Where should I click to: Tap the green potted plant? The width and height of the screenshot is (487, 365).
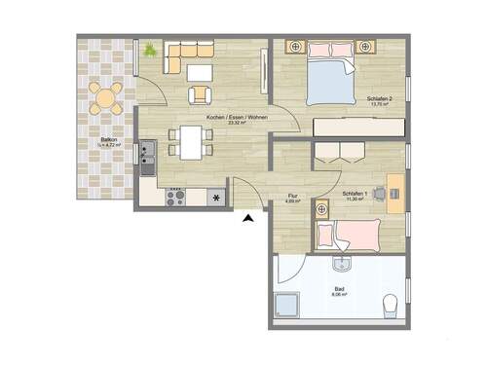click(x=149, y=49)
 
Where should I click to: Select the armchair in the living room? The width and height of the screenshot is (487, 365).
click(x=200, y=94)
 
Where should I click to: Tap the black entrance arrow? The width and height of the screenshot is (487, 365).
click(x=248, y=220)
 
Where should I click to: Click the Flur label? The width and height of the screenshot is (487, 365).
click(x=291, y=196)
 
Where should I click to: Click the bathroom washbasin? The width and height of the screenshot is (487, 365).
click(x=340, y=266)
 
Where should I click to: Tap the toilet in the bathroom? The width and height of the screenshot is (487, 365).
click(x=391, y=307)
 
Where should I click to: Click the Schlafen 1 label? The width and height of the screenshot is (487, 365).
click(x=355, y=195)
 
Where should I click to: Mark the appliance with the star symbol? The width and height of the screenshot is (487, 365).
click(x=215, y=198)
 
